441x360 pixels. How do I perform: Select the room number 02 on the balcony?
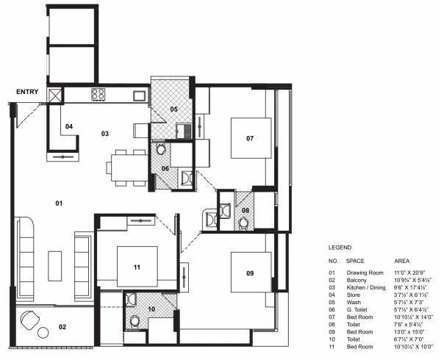(63, 327)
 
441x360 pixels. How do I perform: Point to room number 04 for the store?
(69, 127)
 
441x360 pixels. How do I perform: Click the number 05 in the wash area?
(173, 109)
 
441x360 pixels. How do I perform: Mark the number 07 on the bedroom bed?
(250, 138)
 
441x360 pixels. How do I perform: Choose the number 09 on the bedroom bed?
(250, 273)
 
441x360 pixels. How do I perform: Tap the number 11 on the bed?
(137, 267)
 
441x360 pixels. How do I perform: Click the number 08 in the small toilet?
(245, 211)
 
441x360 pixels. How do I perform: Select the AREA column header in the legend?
(402, 260)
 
